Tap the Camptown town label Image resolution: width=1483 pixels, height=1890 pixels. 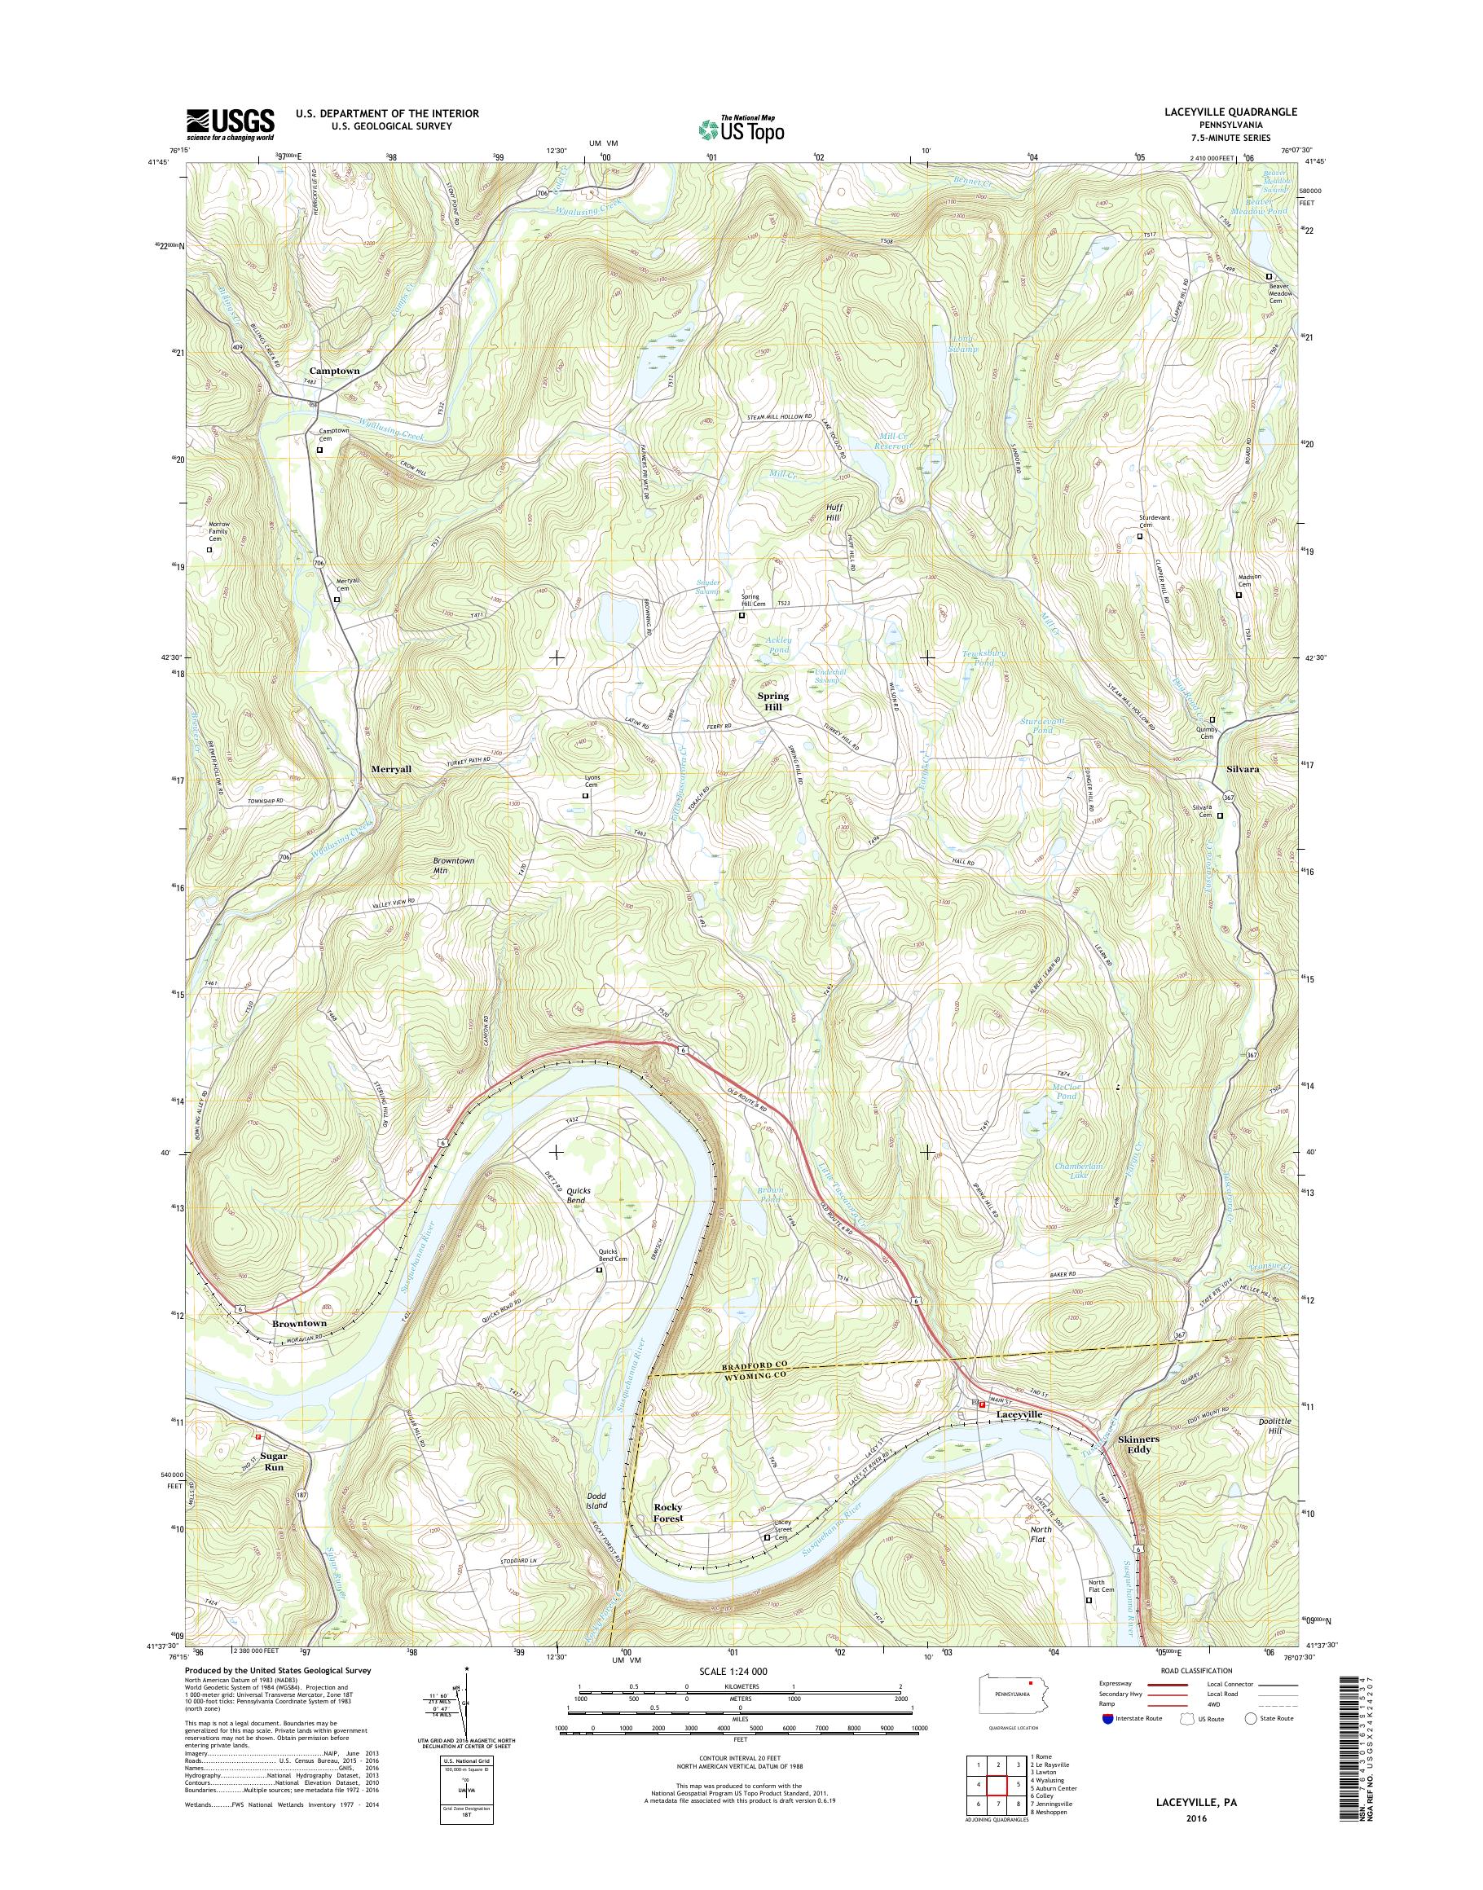point(334,371)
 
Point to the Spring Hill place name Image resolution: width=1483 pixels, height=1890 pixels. point(772,701)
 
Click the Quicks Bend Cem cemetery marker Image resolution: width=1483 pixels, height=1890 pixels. point(598,1270)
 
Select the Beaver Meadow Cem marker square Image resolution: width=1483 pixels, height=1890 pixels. point(1269,277)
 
